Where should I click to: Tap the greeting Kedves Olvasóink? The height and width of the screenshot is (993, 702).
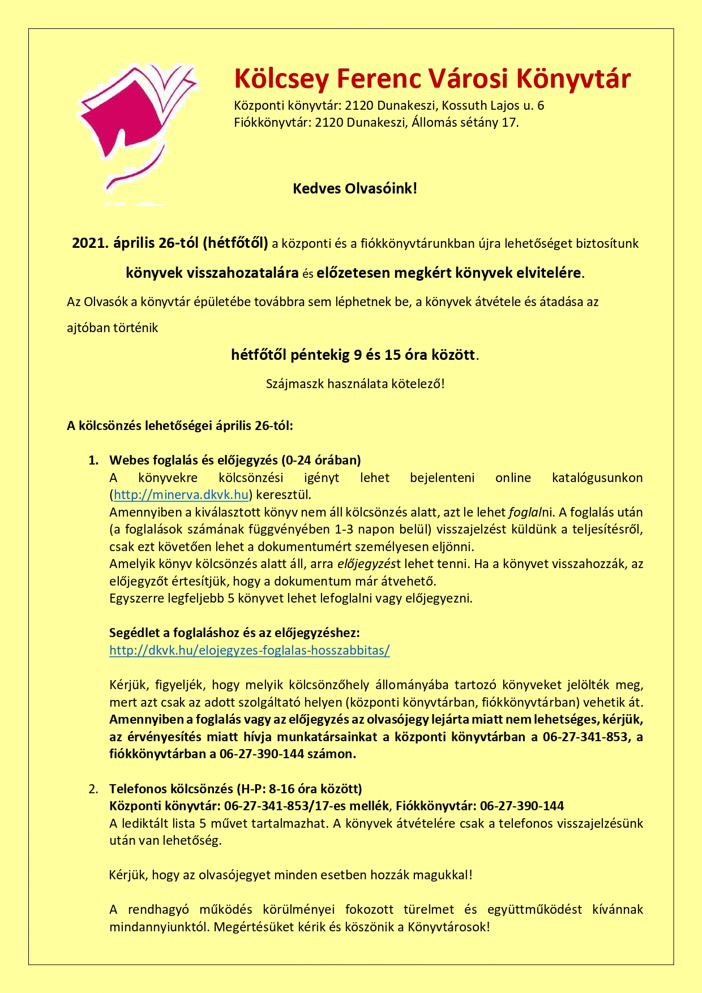pos(354,188)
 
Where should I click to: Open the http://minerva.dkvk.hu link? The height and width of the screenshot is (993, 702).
pos(181,495)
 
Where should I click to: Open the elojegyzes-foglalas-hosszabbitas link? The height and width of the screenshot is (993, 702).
pos(249,650)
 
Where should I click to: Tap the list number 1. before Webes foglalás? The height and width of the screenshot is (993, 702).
pos(93,460)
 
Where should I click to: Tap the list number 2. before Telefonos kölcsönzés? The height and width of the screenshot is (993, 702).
pos(93,789)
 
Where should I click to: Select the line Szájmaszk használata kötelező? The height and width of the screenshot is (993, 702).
pos(355,384)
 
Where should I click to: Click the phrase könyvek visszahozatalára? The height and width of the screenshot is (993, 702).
pos(212,273)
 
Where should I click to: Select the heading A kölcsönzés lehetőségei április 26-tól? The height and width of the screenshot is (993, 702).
pos(180,425)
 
